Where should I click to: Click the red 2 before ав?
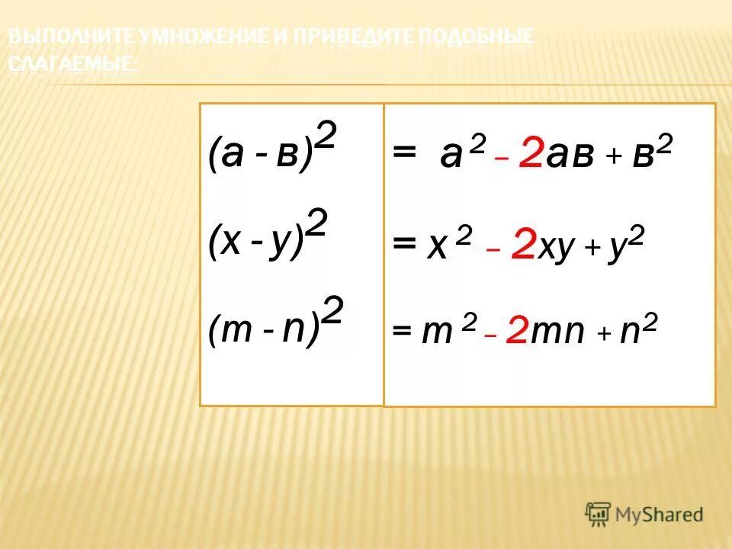click(x=531, y=157)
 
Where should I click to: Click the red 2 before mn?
click(x=516, y=332)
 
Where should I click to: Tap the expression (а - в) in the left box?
click(x=260, y=154)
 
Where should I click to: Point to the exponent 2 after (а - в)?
click(x=326, y=138)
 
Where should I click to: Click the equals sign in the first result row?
click(x=404, y=154)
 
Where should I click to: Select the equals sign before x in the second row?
click(x=404, y=246)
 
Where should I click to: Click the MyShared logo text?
click(x=659, y=515)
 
